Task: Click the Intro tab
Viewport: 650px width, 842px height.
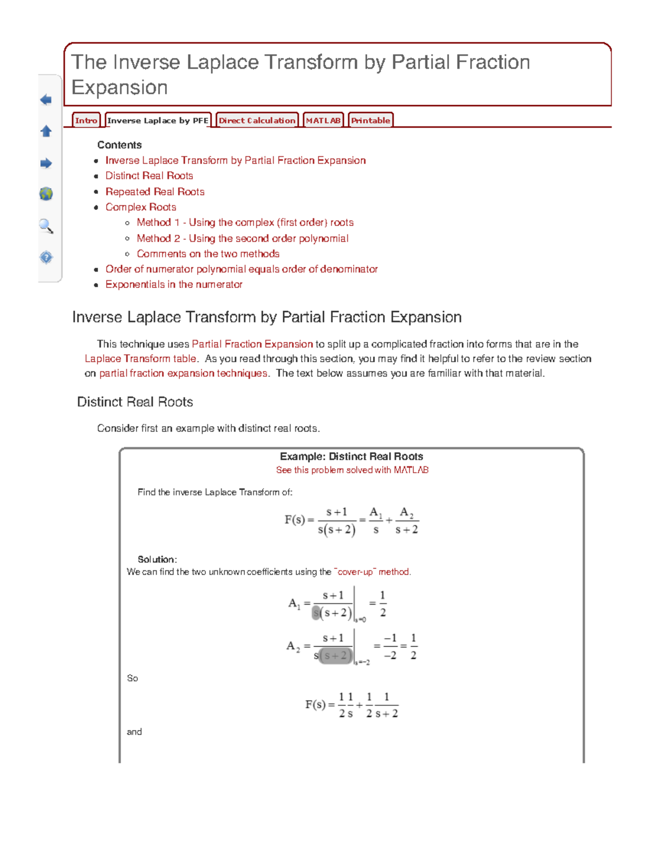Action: click(86, 120)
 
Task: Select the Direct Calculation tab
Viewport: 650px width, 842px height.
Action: click(257, 120)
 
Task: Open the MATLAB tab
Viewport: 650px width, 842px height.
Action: click(323, 120)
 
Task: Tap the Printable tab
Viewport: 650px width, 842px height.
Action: click(370, 120)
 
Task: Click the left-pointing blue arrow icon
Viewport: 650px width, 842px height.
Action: click(46, 100)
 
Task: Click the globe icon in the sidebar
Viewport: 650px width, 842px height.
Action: click(46, 194)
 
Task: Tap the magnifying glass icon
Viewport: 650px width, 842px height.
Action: click(46, 226)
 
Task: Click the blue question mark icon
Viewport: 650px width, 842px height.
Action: click(46, 257)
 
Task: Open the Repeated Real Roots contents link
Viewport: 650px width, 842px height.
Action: click(155, 191)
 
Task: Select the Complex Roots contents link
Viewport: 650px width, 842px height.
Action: click(141, 207)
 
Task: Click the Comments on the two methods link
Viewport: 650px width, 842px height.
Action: click(208, 254)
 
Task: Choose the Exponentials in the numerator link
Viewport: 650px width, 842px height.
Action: click(174, 285)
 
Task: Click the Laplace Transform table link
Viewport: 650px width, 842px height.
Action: click(140, 359)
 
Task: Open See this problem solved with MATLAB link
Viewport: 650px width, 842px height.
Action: click(352, 470)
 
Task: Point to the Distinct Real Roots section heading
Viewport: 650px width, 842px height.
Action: click(135, 402)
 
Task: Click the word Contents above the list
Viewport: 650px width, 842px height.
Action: click(119, 145)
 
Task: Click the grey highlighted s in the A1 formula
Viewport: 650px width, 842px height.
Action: click(316, 613)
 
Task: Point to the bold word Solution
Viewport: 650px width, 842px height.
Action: click(157, 560)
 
